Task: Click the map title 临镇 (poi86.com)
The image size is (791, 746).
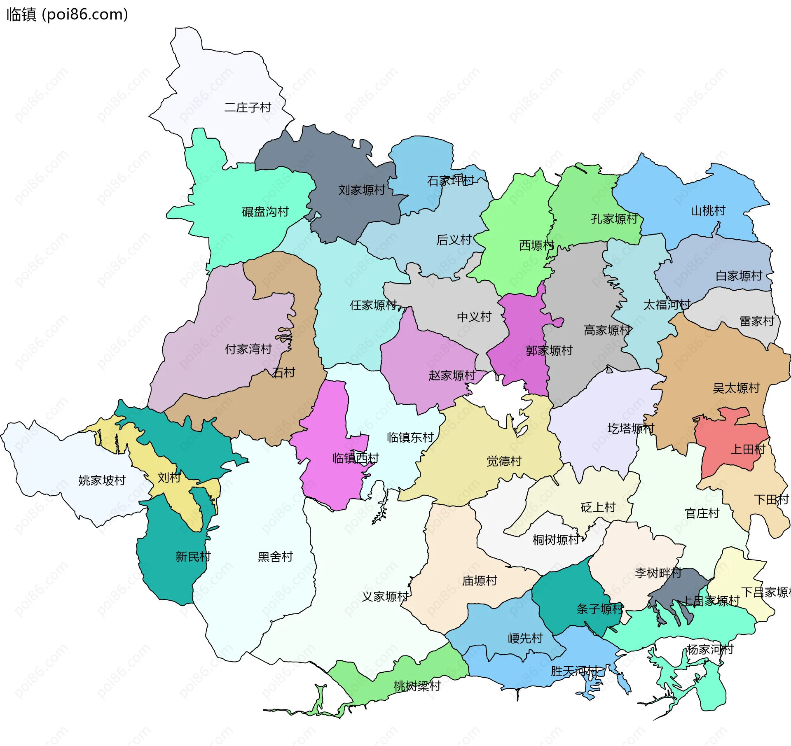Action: pyautogui.click(x=67, y=14)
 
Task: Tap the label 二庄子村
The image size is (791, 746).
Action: pyautogui.click(x=247, y=107)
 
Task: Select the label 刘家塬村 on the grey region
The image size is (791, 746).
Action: pyautogui.click(x=361, y=190)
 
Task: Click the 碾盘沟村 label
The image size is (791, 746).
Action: pyautogui.click(x=265, y=212)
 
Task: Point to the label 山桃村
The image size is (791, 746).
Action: pyautogui.click(x=708, y=210)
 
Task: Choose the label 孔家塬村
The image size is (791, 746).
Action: pyautogui.click(x=614, y=219)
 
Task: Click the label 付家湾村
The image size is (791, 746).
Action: pyautogui.click(x=248, y=349)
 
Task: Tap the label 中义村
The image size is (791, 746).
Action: pyautogui.click(x=474, y=317)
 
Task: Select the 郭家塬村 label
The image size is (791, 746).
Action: pyautogui.click(x=549, y=350)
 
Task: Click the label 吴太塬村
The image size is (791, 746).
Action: pyautogui.click(x=736, y=388)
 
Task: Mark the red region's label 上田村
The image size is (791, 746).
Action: pyautogui.click(x=747, y=449)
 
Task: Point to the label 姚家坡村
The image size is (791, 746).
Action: pyautogui.click(x=102, y=480)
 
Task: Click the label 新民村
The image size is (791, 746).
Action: pyautogui.click(x=193, y=557)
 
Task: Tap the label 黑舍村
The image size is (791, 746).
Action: pyautogui.click(x=275, y=557)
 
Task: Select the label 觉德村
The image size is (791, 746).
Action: pyautogui.click(x=504, y=461)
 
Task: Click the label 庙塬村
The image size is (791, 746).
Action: pyautogui.click(x=480, y=580)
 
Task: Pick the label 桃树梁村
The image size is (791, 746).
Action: pyautogui.click(x=417, y=686)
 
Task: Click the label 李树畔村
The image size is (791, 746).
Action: pyautogui.click(x=658, y=573)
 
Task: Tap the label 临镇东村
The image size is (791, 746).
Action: pyautogui.click(x=410, y=437)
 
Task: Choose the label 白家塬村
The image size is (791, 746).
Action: pyautogui.click(x=739, y=275)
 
